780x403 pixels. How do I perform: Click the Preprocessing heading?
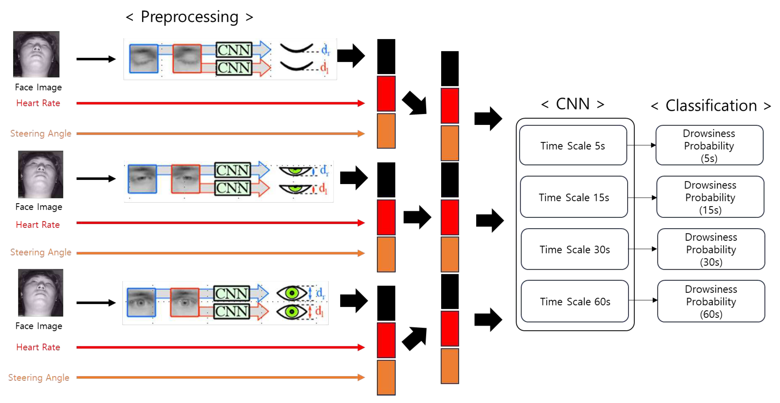(190, 17)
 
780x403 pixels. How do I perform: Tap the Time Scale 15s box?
(574, 197)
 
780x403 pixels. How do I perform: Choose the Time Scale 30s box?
(575, 249)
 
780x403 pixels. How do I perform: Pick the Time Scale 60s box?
(575, 301)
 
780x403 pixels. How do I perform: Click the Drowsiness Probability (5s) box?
(709, 145)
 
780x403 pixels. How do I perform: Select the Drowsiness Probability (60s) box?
(711, 301)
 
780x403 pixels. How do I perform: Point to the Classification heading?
(711, 106)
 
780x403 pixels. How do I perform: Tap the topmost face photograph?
(36, 54)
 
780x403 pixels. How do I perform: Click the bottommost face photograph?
(41, 292)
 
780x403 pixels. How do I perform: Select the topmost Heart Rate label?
(38, 103)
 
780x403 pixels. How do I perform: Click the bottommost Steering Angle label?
(39, 377)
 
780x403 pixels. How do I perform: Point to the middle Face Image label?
(39, 207)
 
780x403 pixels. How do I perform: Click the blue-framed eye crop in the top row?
(144, 59)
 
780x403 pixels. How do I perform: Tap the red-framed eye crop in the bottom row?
(185, 303)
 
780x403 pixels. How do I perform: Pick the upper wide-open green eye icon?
(292, 293)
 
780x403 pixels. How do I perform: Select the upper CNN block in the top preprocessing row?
(234, 50)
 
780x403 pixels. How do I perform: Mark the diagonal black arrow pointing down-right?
(415, 103)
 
